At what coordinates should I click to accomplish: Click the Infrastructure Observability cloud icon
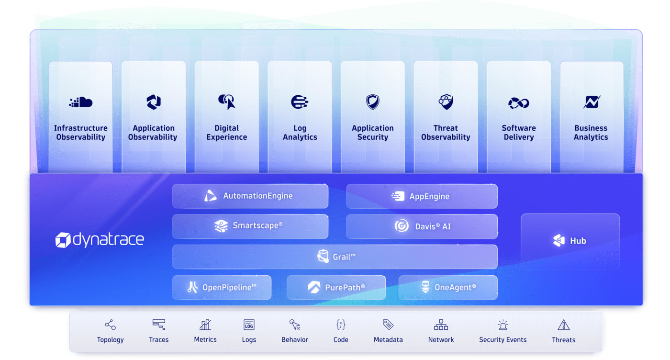tap(80, 102)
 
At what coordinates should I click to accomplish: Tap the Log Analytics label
tap(300, 133)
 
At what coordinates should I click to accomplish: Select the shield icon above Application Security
tap(372, 102)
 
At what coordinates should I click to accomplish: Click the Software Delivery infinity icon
tap(518, 102)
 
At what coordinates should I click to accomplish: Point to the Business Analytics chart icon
tap(591, 102)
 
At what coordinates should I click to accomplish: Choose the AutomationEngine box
tap(250, 196)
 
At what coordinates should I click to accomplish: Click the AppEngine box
tap(422, 196)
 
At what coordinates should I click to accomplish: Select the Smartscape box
tap(250, 226)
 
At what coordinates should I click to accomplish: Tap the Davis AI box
tap(422, 226)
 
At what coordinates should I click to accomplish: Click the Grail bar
tap(335, 257)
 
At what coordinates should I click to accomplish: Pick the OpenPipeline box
tap(222, 288)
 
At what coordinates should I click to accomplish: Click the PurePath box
tap(336, 288)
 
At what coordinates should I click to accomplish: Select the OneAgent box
tap(448, 288)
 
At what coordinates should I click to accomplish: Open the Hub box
tap(570, 241)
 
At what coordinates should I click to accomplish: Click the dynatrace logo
tap(100, 240)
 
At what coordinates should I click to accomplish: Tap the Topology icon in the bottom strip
tap(110, 325)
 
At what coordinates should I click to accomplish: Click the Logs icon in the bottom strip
tap(249, 325)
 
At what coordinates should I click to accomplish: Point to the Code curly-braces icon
tap(341, 325)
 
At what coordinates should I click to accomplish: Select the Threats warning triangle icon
tap(563, 325)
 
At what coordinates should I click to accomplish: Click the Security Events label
tap(502, 340)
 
